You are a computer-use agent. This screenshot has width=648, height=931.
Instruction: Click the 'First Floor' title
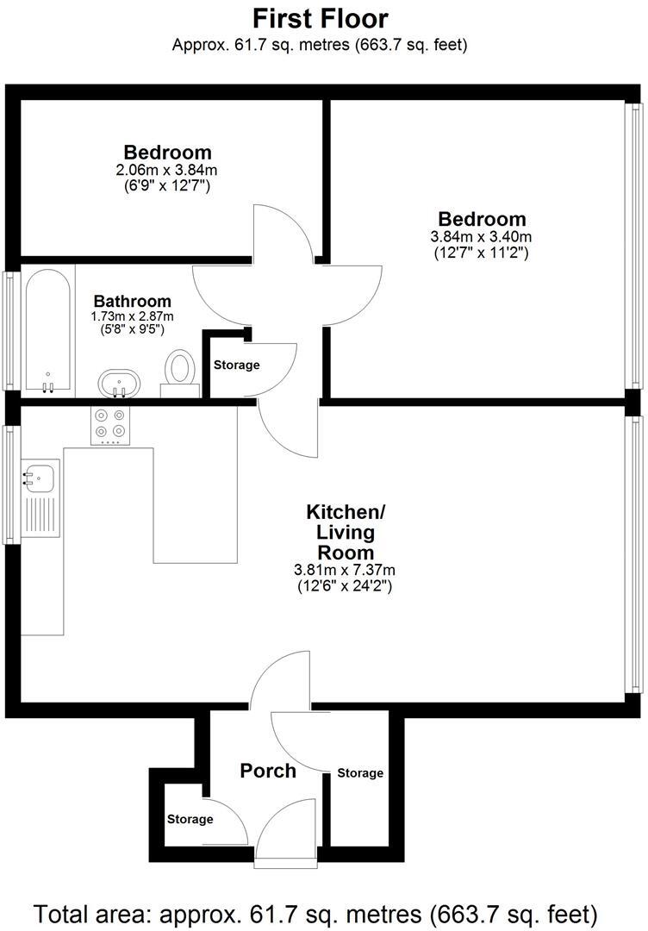(x=320, y=18)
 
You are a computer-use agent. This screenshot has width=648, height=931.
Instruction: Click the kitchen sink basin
(x=40, y=475)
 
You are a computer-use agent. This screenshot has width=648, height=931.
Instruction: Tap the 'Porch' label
(x=268, y=770)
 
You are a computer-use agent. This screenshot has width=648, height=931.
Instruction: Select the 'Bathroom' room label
(x=132, y=301)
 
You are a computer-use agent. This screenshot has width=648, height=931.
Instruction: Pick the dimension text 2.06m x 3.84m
(x=167, y=170)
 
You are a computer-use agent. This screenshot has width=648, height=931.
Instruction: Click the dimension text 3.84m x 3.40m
(x=481, y=237)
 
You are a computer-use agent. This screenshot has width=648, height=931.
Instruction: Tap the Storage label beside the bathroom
(x=236, y=365)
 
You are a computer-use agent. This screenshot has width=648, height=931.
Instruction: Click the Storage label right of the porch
(x=360, y=773)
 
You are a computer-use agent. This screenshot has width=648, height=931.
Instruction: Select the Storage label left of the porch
(x=190, y=819)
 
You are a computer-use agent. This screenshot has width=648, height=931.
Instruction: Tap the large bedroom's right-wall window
(x=634, y=245)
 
